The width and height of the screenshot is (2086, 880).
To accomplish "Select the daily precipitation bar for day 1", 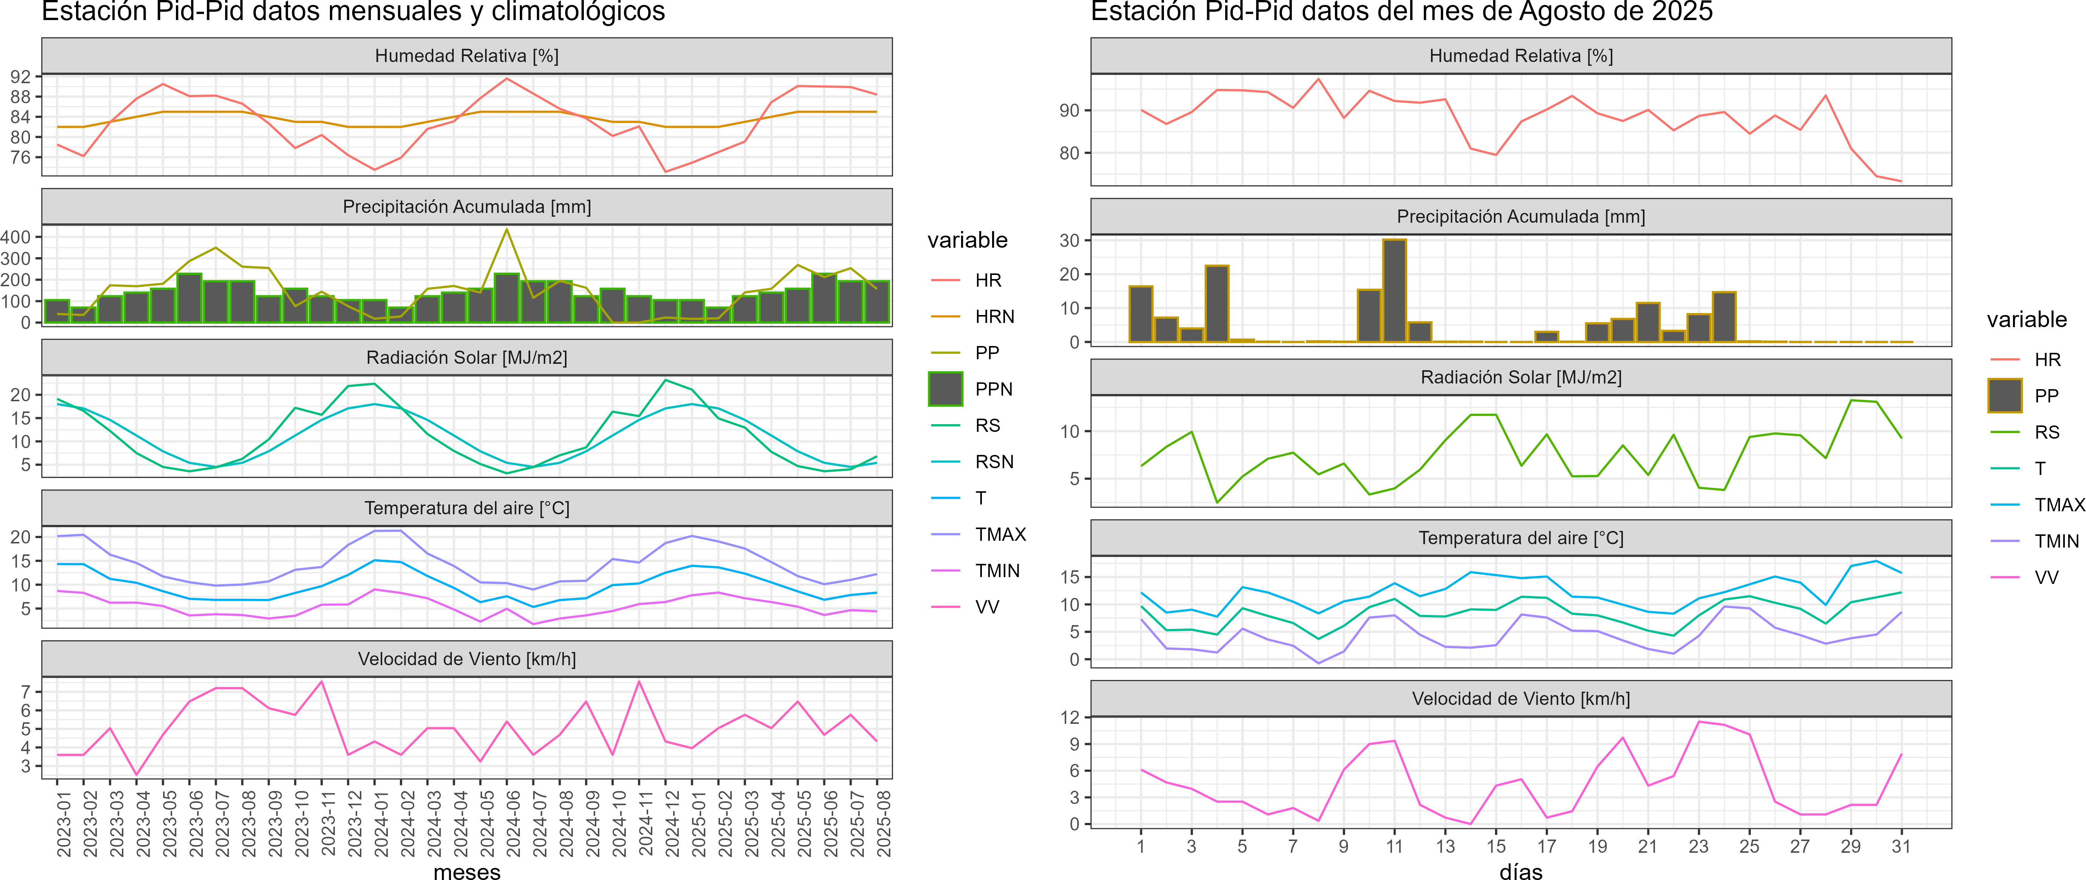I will [x=1141, y=314].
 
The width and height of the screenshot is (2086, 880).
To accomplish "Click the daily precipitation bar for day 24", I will [x=1724, y=317].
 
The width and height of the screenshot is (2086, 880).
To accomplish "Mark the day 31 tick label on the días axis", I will [x=1901, y=847].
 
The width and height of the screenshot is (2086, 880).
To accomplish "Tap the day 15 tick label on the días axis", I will [x=1496, y=847].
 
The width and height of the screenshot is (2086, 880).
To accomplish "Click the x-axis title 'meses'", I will [x=467, y=872].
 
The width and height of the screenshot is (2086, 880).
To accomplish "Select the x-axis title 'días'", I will [x=1521, y=872].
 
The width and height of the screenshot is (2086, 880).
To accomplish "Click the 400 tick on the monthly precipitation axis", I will [x=16, y=237].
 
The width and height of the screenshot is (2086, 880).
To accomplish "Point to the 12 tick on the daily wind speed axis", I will [x=1070, y=717].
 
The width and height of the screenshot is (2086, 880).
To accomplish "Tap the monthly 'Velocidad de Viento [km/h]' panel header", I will [x=467, y=659].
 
